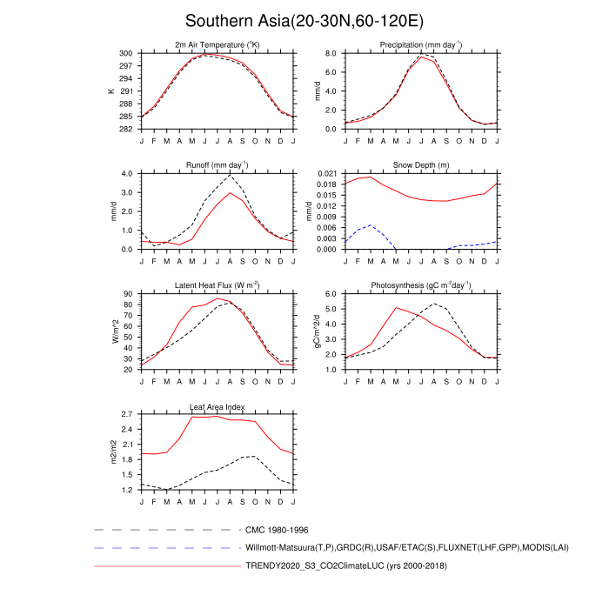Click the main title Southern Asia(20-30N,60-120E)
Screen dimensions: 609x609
304,21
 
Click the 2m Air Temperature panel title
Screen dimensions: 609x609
217,44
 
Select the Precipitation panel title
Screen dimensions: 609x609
419,44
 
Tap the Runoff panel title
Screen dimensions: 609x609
217,164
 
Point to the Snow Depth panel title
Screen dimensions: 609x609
419,164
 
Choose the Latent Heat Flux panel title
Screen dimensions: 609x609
217,285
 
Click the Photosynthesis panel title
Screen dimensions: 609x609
419,285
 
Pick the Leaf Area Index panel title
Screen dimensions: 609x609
217,406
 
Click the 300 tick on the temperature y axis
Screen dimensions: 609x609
125,53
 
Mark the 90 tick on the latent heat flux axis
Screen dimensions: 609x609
127,294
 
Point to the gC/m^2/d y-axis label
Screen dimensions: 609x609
314,331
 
